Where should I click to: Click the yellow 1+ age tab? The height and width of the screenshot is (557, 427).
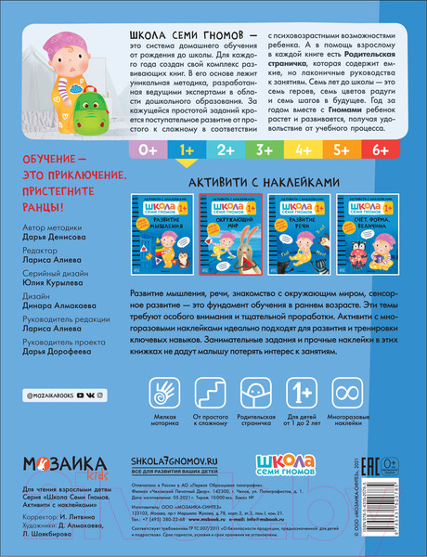coord(186,149)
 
